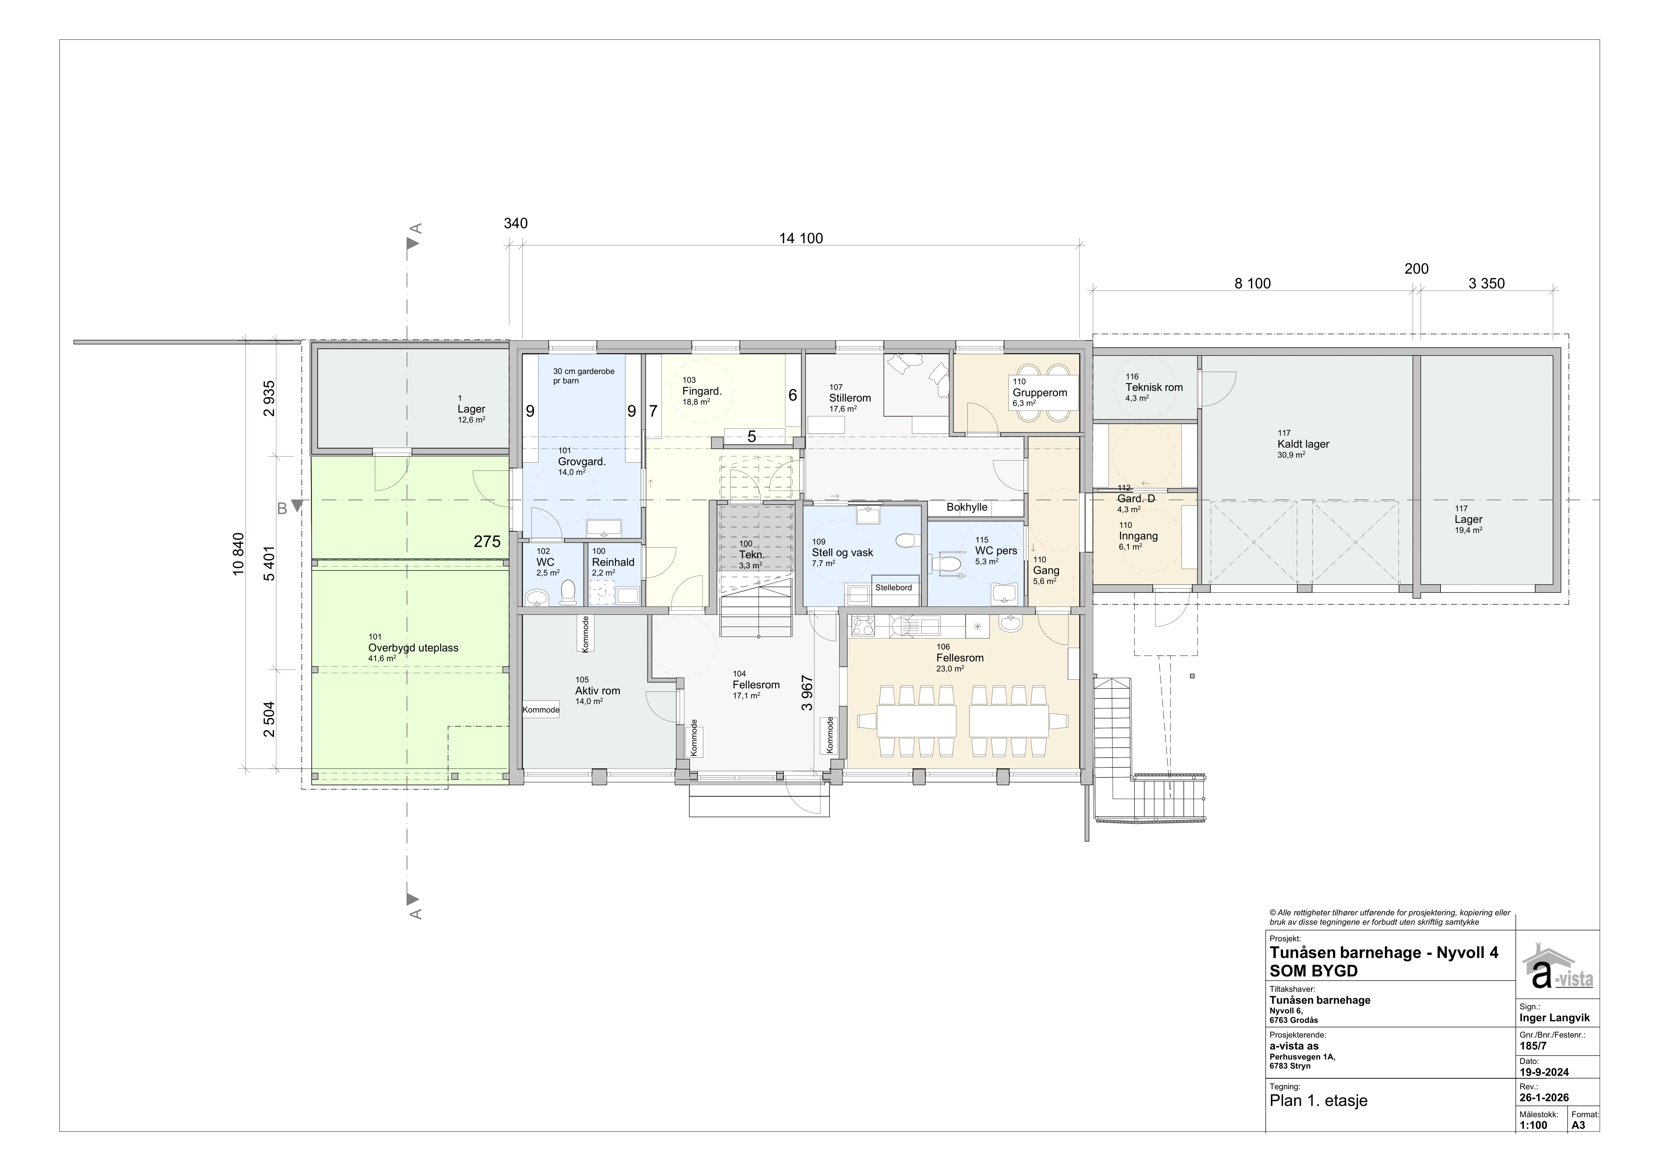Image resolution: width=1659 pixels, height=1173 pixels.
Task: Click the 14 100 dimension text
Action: click(801, 238)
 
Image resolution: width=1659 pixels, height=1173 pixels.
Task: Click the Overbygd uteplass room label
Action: click(413, 648)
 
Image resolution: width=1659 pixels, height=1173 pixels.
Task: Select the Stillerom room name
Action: click(850, 398)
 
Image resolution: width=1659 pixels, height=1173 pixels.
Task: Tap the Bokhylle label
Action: click(967, 507)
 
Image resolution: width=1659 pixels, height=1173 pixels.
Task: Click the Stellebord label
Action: click(894, 587)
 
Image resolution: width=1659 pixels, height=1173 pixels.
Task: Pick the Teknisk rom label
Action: click(1154, 387)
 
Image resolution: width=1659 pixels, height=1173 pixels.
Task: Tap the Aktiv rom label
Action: click(598, 691)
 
